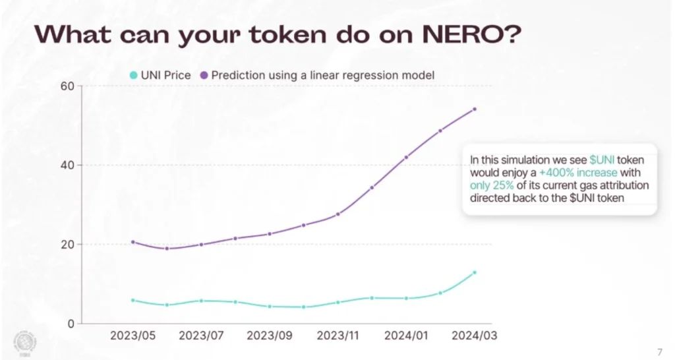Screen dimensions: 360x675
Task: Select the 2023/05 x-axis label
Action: tap(132, 336)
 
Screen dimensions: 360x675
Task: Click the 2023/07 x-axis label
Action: tap(201, 336)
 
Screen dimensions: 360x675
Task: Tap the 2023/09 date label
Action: tap(270, 336)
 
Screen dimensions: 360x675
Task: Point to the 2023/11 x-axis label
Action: tap(337, 336)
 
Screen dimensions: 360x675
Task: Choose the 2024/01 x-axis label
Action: tap(406, 336)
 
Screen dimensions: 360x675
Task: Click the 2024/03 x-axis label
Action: tap(474, 336)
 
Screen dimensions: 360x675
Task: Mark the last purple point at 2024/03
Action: tap(475, 109)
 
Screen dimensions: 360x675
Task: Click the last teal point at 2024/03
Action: tap(475, 272)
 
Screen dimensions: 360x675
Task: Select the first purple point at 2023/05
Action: tap(132, 242)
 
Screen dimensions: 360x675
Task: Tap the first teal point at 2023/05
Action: tap(132, 300)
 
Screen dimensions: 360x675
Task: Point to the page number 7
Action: tap(660, 350)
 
